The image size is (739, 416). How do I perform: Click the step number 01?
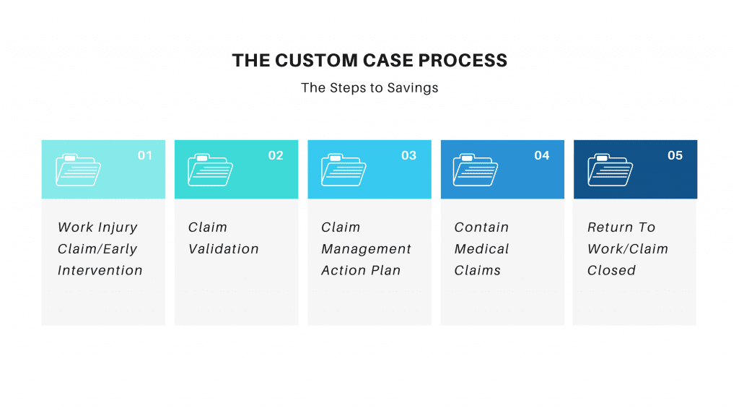click(145, 155)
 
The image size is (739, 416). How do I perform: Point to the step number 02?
click(276, 155)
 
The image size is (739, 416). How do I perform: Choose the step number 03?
click(409, 155)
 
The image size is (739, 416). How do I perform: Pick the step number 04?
click(542, 155)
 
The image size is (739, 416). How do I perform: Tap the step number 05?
click(675, 155)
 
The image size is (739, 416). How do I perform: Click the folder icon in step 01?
click(78, 170)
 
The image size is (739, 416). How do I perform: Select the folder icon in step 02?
click(210, 170)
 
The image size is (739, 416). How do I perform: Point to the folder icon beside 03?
click(344, 170)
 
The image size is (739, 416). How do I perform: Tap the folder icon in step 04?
click(476, 170)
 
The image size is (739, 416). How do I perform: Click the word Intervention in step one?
click(100, 271)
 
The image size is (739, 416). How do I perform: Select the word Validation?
click(224, 249)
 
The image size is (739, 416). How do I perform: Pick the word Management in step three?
click(366, 249)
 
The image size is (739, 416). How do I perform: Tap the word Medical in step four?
click(481, 249)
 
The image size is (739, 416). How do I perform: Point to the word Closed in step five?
click(611, 271)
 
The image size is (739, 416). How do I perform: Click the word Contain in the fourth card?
click(481, 227)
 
